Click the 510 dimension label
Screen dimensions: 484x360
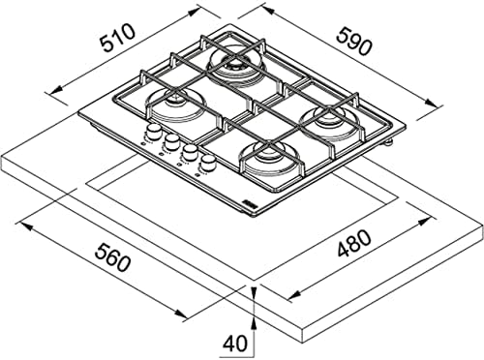tap(116, 39)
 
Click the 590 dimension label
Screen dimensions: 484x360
tap(354, 41)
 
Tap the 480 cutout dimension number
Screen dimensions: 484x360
tap(354, 243)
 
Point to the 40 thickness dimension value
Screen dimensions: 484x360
tap(235, 344)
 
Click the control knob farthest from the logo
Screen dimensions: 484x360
tap(153, 132)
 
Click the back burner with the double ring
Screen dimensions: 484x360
tap(235, 66)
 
